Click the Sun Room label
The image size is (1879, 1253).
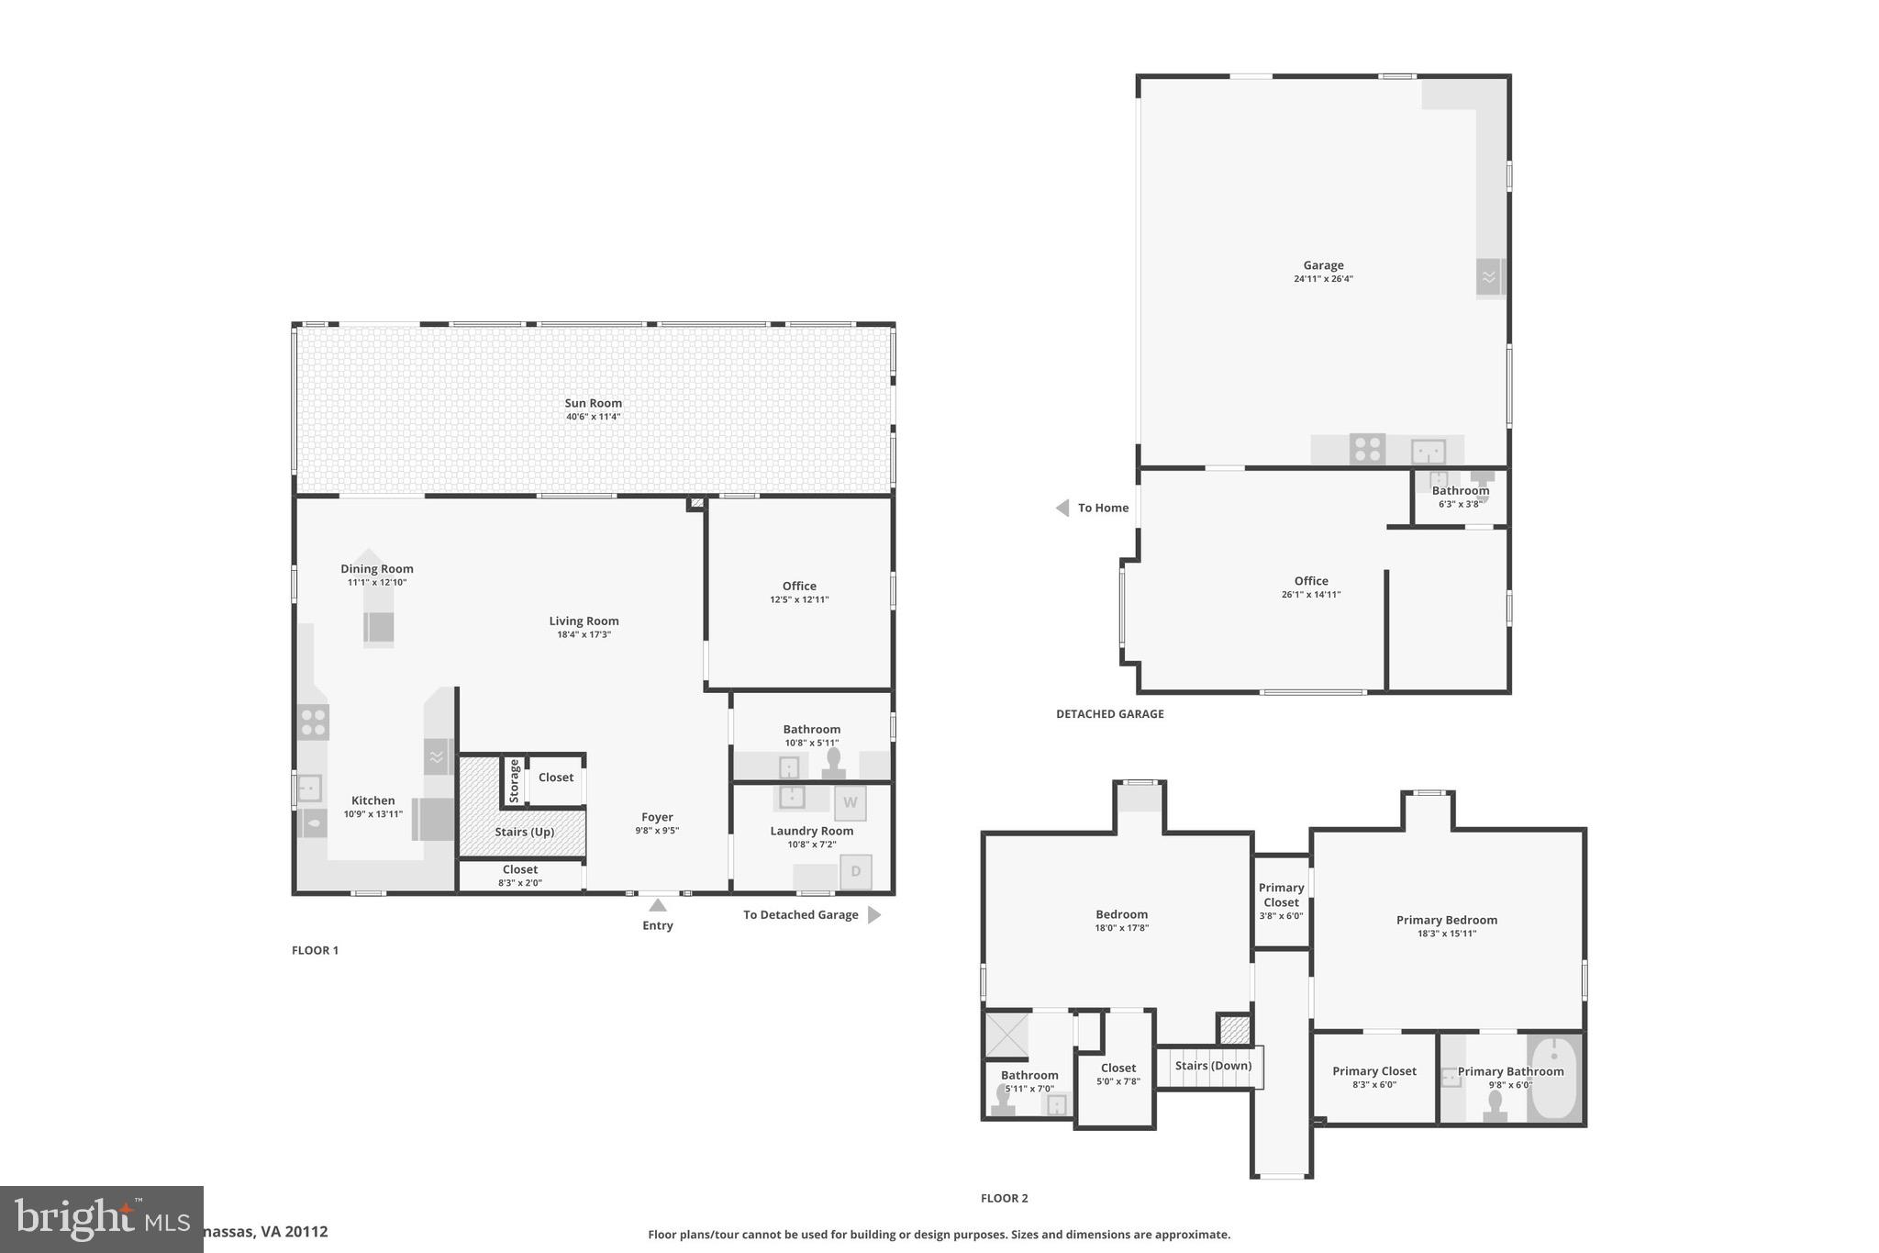tap(593, 403)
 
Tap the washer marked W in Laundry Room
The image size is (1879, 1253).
tap(850, 802)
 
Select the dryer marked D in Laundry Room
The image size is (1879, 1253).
tap(855, 871)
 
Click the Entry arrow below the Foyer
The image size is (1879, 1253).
tap(658, 905)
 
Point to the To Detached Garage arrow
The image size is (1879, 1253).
tap(873, 914)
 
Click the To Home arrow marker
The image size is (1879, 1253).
tap(1062, 508)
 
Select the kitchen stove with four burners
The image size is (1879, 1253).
tap(313, 722)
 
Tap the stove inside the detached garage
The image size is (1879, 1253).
tap(1367, 449)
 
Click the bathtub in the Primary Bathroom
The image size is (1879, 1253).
tap(1554, 1079)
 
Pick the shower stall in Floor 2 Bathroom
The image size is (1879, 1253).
tap(1006, 1035)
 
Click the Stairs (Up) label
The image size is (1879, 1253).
tap(524, 832)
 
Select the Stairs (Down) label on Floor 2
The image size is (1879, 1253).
tap(1213, 1066)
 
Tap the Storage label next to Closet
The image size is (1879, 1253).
tap(514, 780)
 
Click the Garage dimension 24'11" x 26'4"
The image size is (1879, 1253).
tap(1323, 279)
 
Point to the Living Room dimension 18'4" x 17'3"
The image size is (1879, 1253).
tap(584, 634)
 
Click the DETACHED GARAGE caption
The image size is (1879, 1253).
tap(1109, 714)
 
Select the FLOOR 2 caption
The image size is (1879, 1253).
tap(1004, 1198)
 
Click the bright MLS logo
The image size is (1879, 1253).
tap(101, 1219)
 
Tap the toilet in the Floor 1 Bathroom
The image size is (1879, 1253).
tap(833, 763)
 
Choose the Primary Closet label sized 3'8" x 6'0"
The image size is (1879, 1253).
tap(1281, 901)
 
